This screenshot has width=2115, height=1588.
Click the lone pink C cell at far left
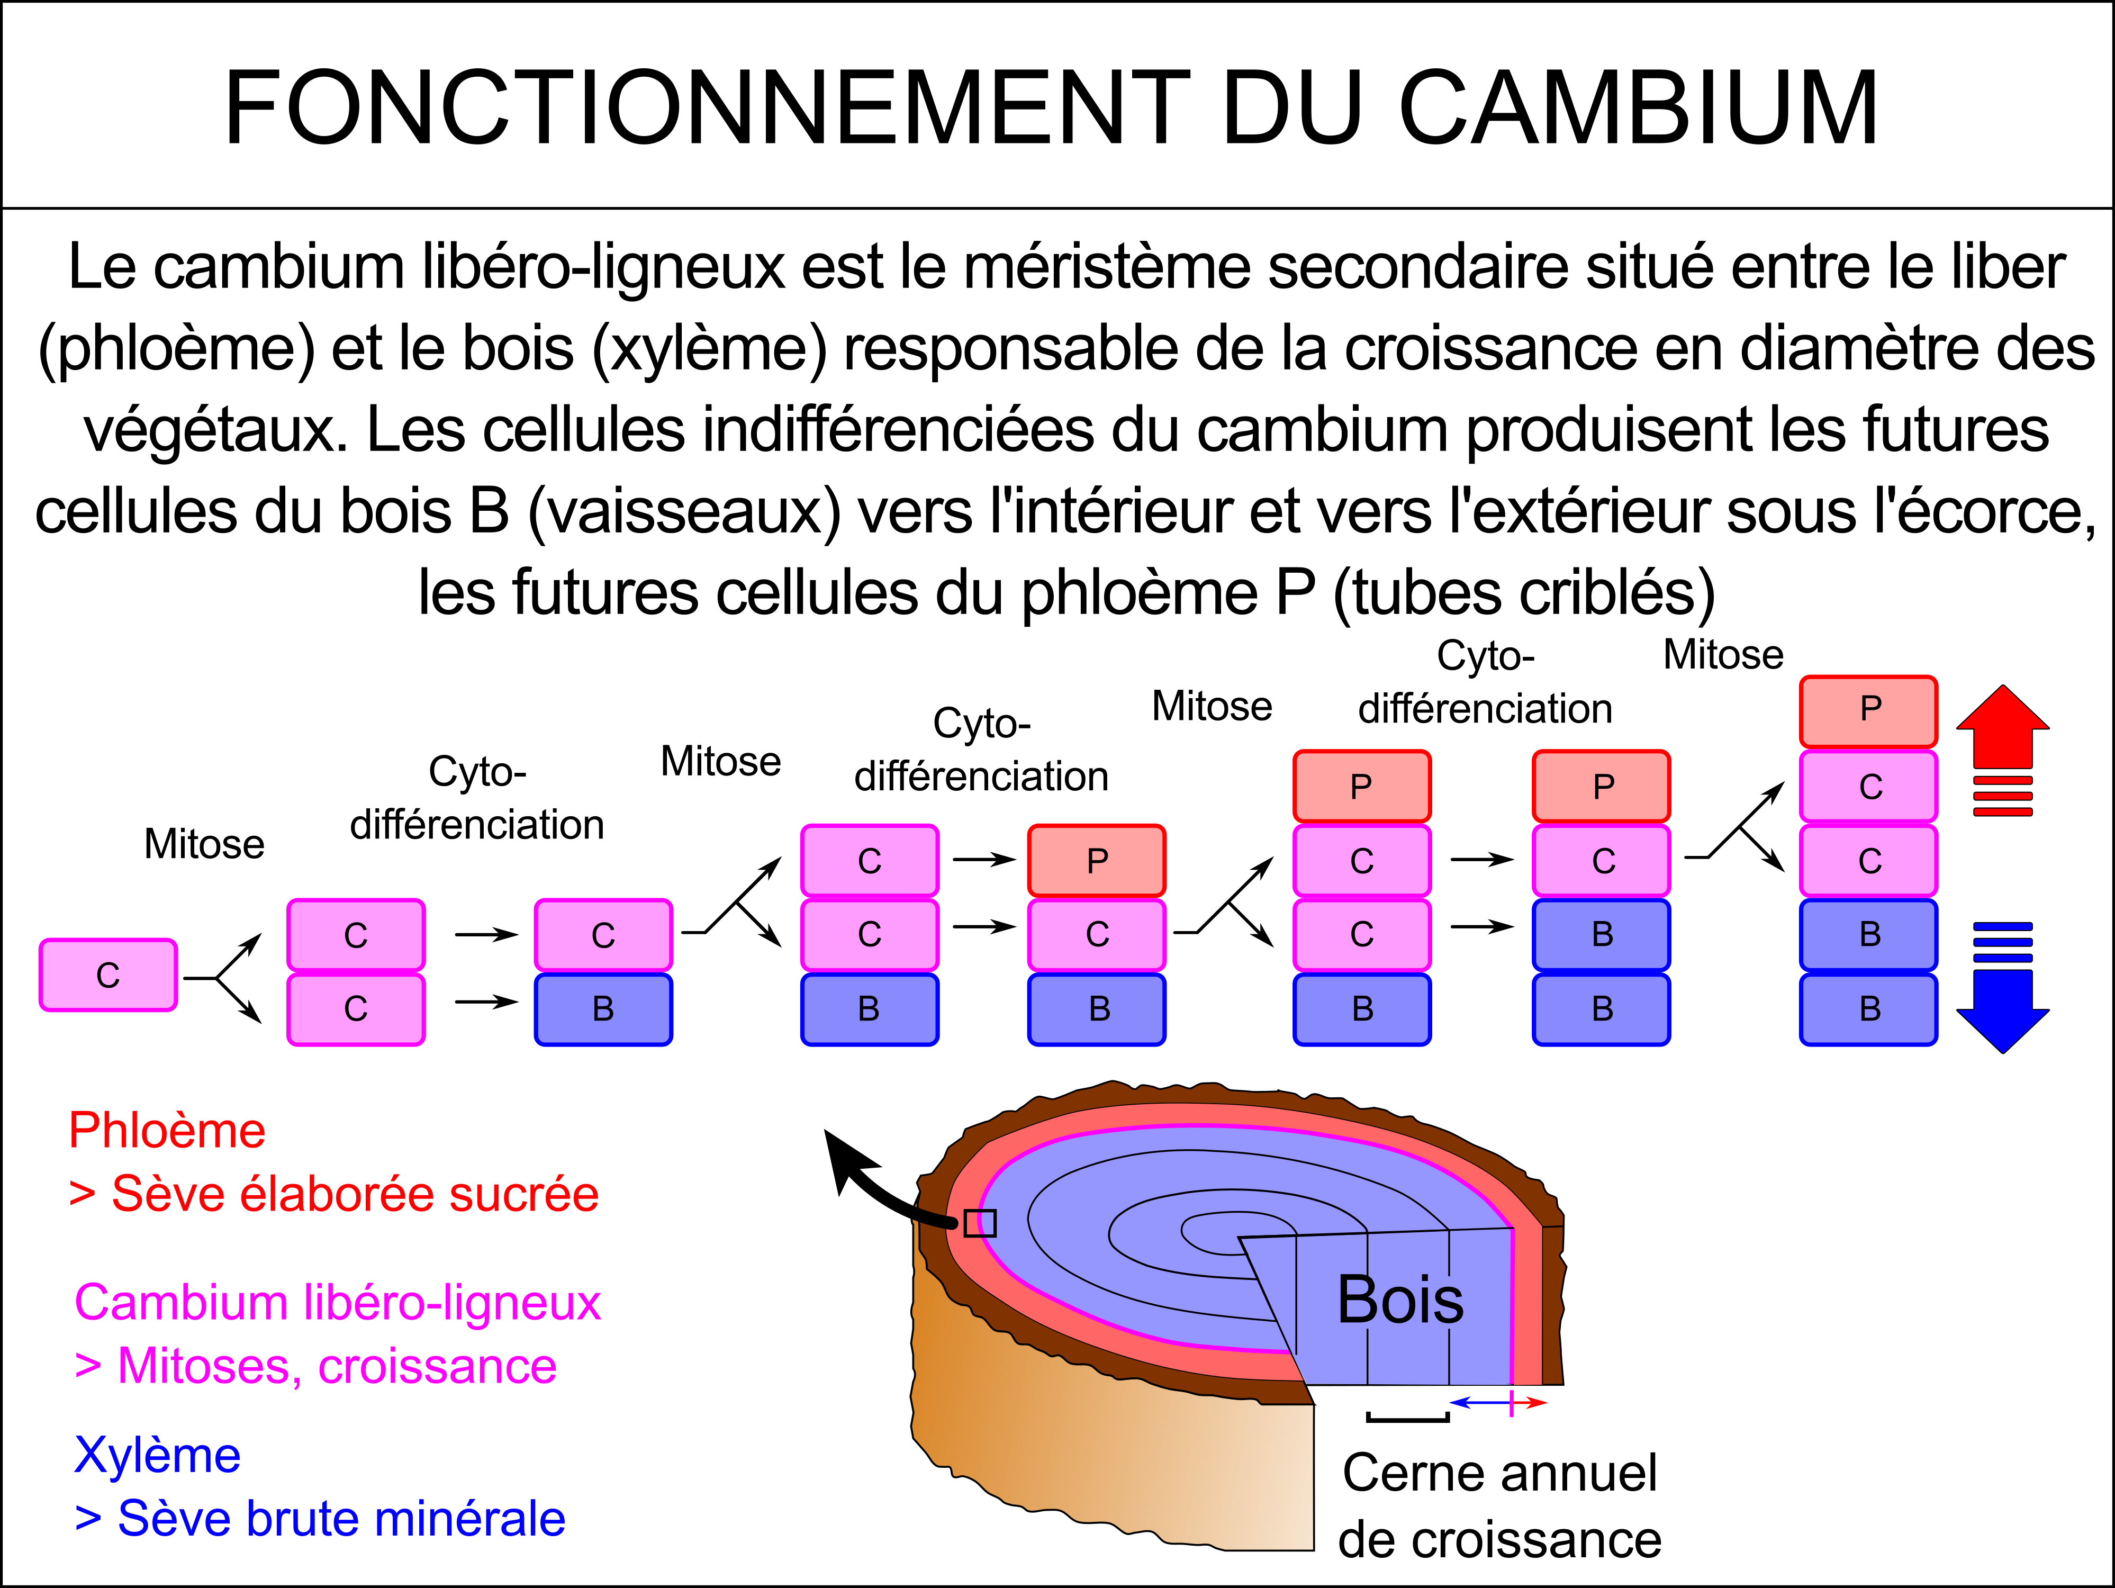coord(108,975)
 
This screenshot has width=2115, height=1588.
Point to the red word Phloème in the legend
coord(167,1131)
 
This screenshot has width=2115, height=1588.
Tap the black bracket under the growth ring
coord(1407,1419)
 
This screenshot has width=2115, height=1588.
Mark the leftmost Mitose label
coord(204,844)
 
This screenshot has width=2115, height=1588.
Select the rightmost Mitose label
coord(1723,655)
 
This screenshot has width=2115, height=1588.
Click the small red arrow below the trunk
coord(1530,1403)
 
